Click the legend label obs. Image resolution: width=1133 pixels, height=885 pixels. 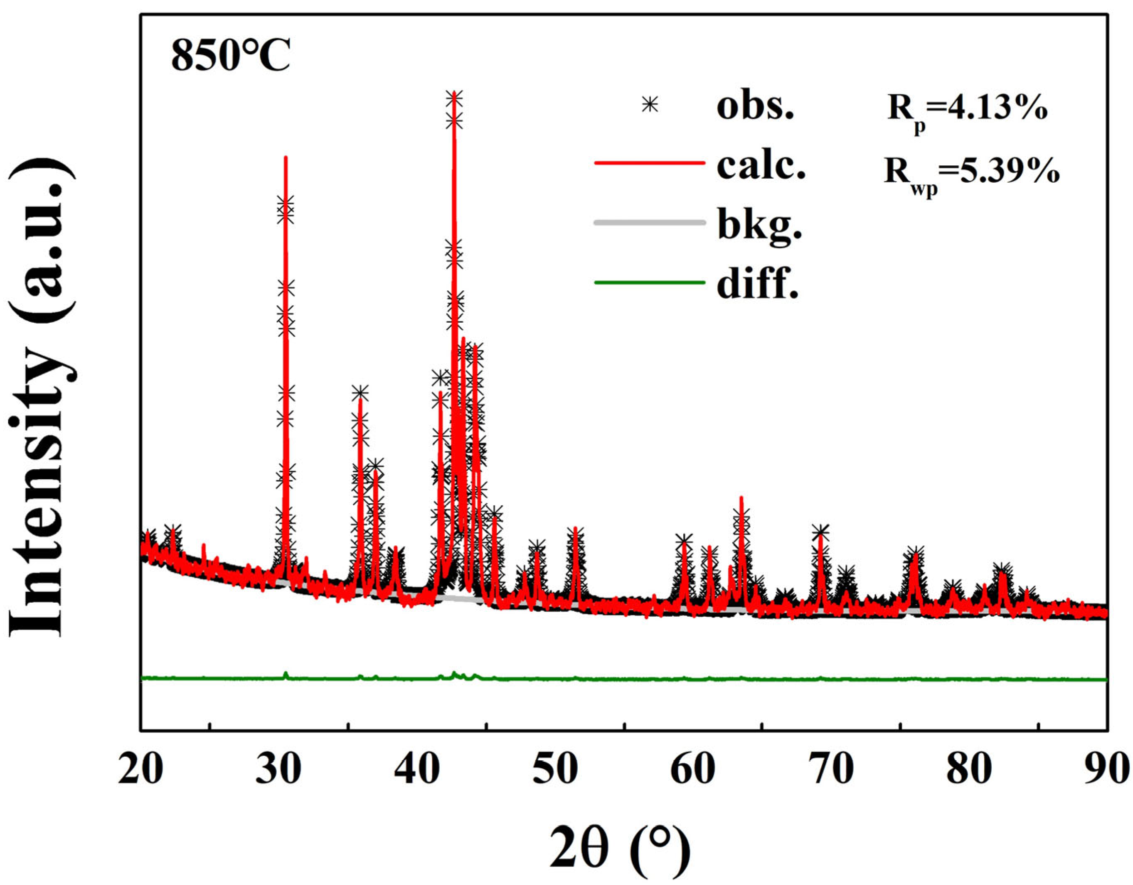(755, 107)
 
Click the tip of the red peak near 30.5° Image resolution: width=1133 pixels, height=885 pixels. (285, 157)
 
